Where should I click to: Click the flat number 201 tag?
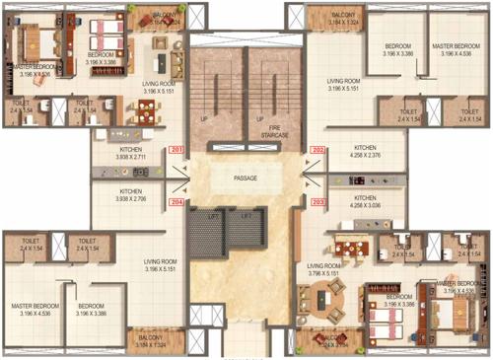click(176, 149)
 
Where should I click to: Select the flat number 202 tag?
click(317, 149)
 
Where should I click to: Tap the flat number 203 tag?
click(317, 201)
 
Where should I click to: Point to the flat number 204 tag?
click(176, 201)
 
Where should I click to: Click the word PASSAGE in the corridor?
click(246, 179)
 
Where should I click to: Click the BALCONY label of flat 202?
click(343, 16)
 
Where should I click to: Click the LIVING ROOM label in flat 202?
click(344, 81)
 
